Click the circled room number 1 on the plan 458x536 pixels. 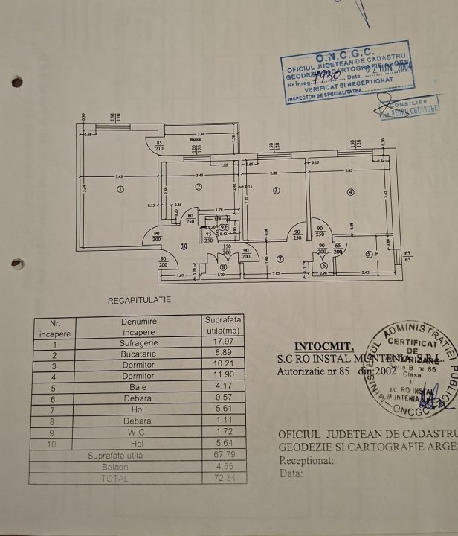(x=120, y=189)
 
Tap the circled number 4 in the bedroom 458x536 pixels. (x=349, y=191)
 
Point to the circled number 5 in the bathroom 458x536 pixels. (x=368, y=254)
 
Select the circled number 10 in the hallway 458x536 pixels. (x=184, y=246)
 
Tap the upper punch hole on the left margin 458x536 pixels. (x=17, y=82)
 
